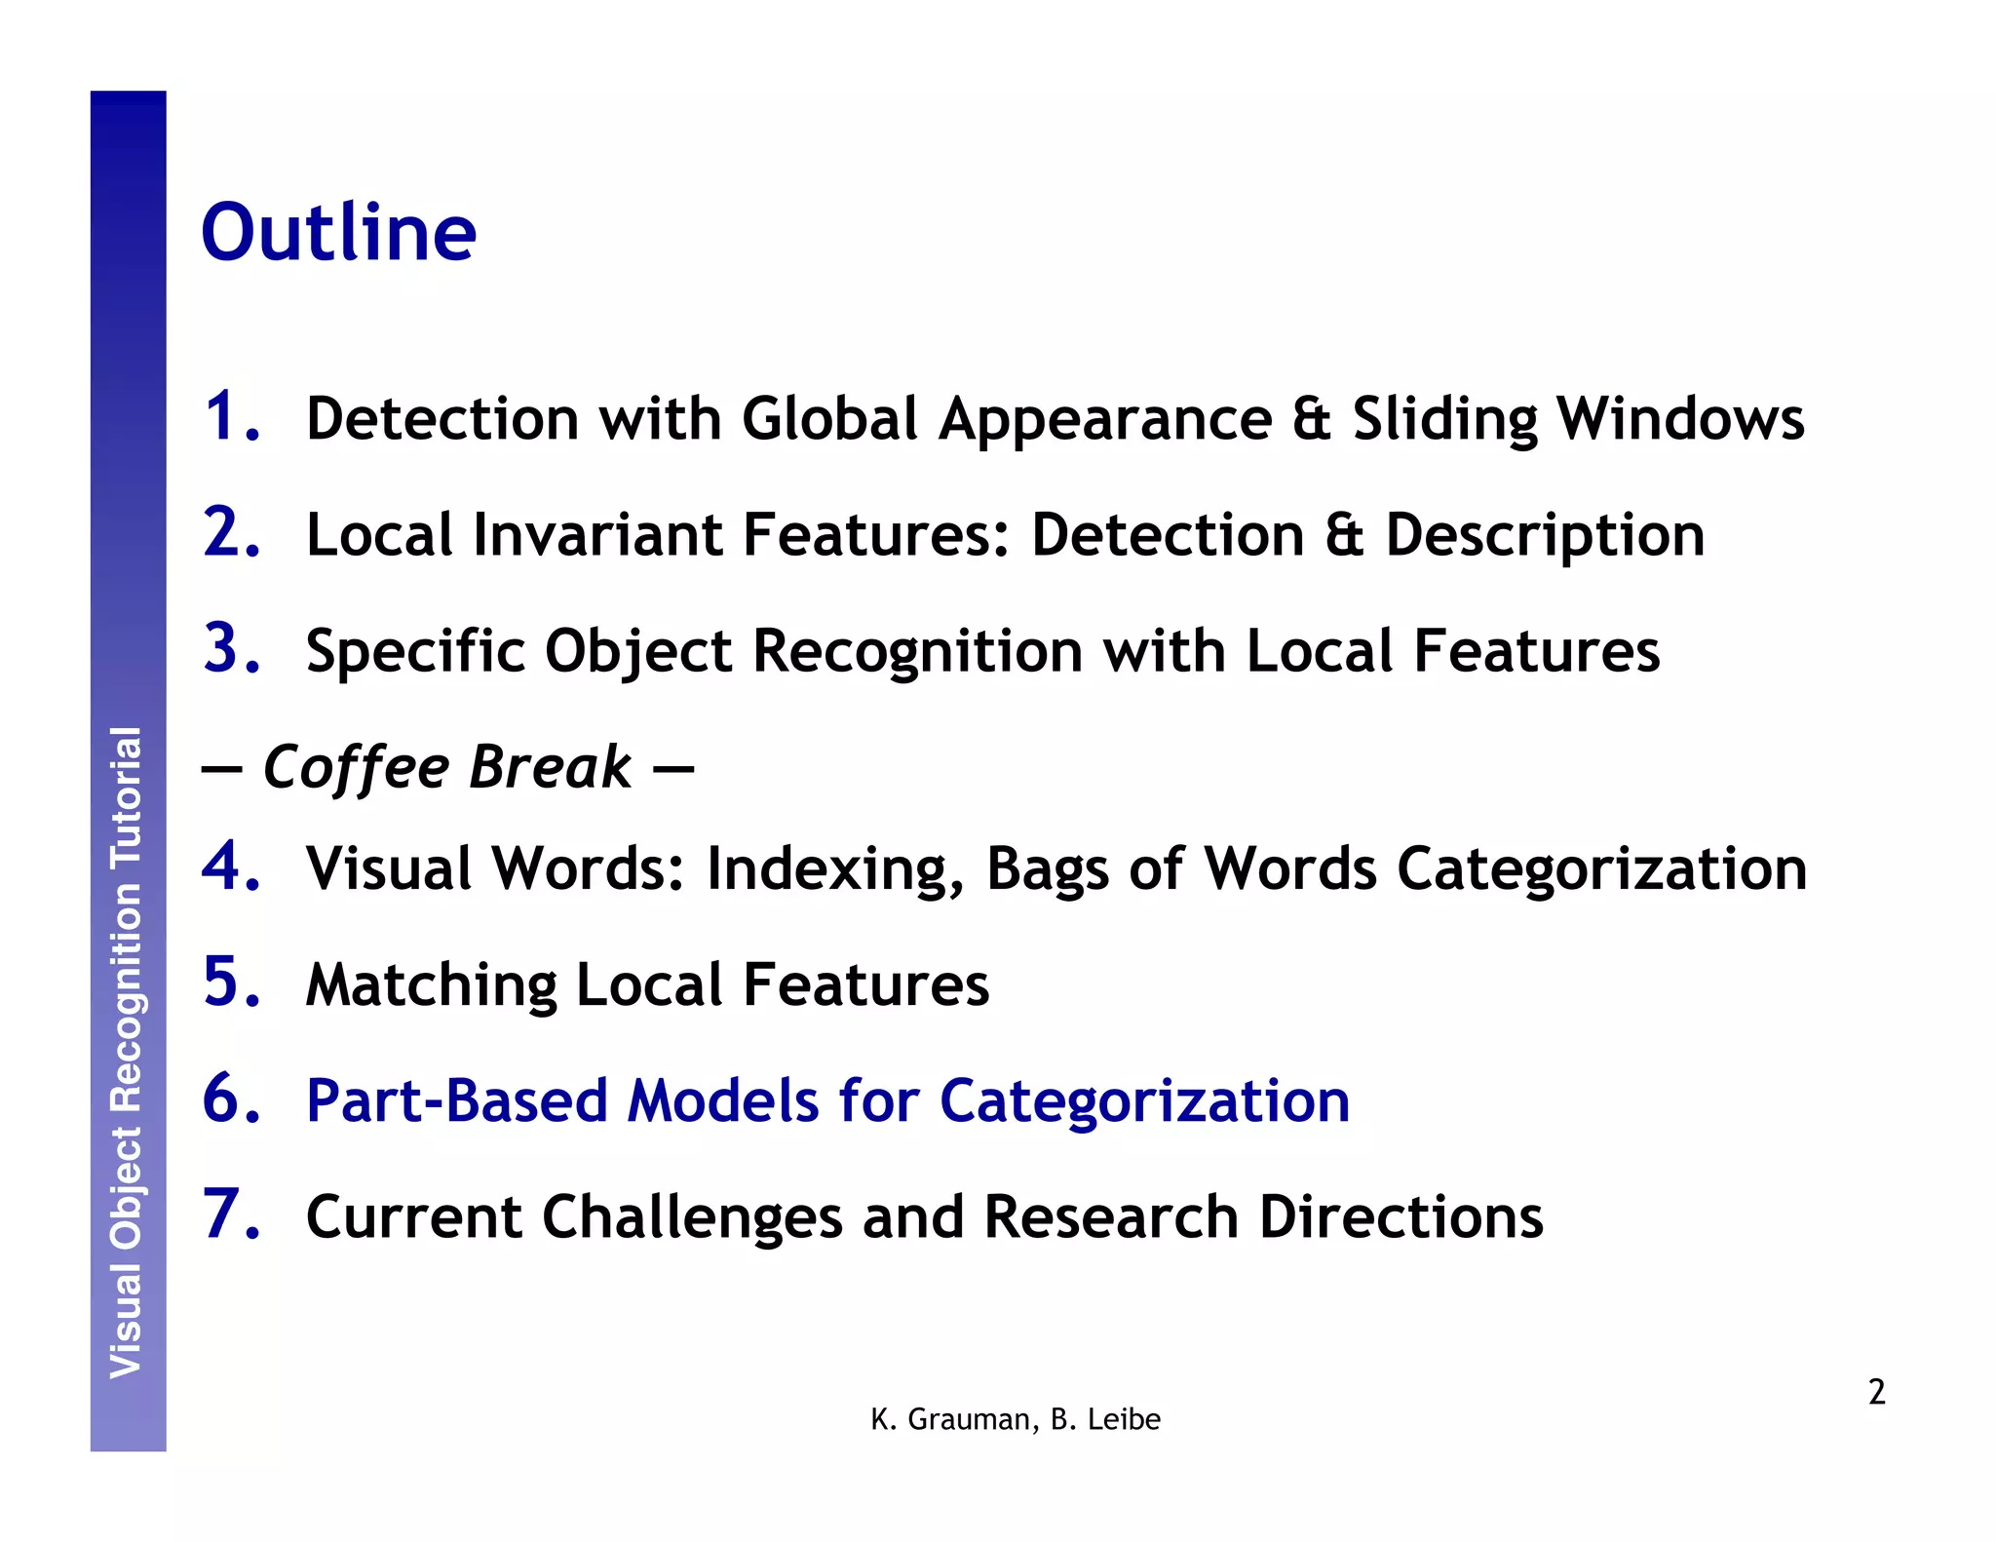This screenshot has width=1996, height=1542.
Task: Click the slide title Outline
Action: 338,234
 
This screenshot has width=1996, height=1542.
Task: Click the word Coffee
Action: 356,768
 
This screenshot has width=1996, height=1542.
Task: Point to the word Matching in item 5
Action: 431,984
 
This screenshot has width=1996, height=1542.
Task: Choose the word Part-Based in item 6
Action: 456,1100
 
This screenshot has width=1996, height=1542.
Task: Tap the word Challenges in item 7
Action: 692,1217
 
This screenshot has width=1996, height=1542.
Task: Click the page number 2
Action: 1876,1392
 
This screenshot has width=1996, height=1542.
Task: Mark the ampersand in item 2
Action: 1345,535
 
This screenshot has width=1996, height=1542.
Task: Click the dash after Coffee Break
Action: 672,769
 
